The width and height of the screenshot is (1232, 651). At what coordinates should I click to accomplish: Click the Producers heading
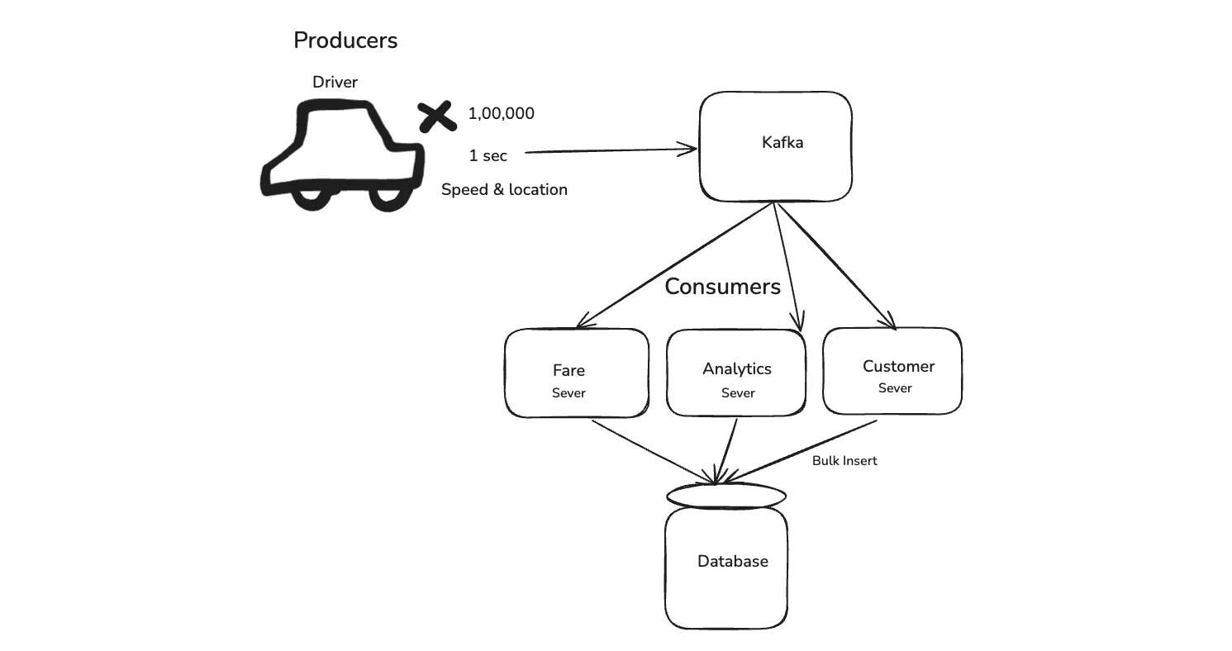pos(345,40)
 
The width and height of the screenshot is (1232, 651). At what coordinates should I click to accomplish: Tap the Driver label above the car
pos(335,82)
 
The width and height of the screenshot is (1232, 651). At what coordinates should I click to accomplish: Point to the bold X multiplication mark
pos(437,116)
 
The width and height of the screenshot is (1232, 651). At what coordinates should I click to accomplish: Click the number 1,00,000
pos(501,113)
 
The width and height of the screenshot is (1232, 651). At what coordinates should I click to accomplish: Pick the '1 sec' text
pos(488,155)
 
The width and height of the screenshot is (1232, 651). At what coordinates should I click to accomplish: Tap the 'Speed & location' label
pos(504,190)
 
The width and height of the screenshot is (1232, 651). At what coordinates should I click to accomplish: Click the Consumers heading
pos(723,287)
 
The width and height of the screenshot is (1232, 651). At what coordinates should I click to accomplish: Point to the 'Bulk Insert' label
pos(844,461)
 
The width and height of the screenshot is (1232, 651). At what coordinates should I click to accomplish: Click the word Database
pos(733,562)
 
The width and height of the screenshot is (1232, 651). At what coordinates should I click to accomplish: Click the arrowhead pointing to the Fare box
pos(584,321)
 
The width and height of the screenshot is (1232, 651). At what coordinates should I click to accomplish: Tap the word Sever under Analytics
pos(738,393)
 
